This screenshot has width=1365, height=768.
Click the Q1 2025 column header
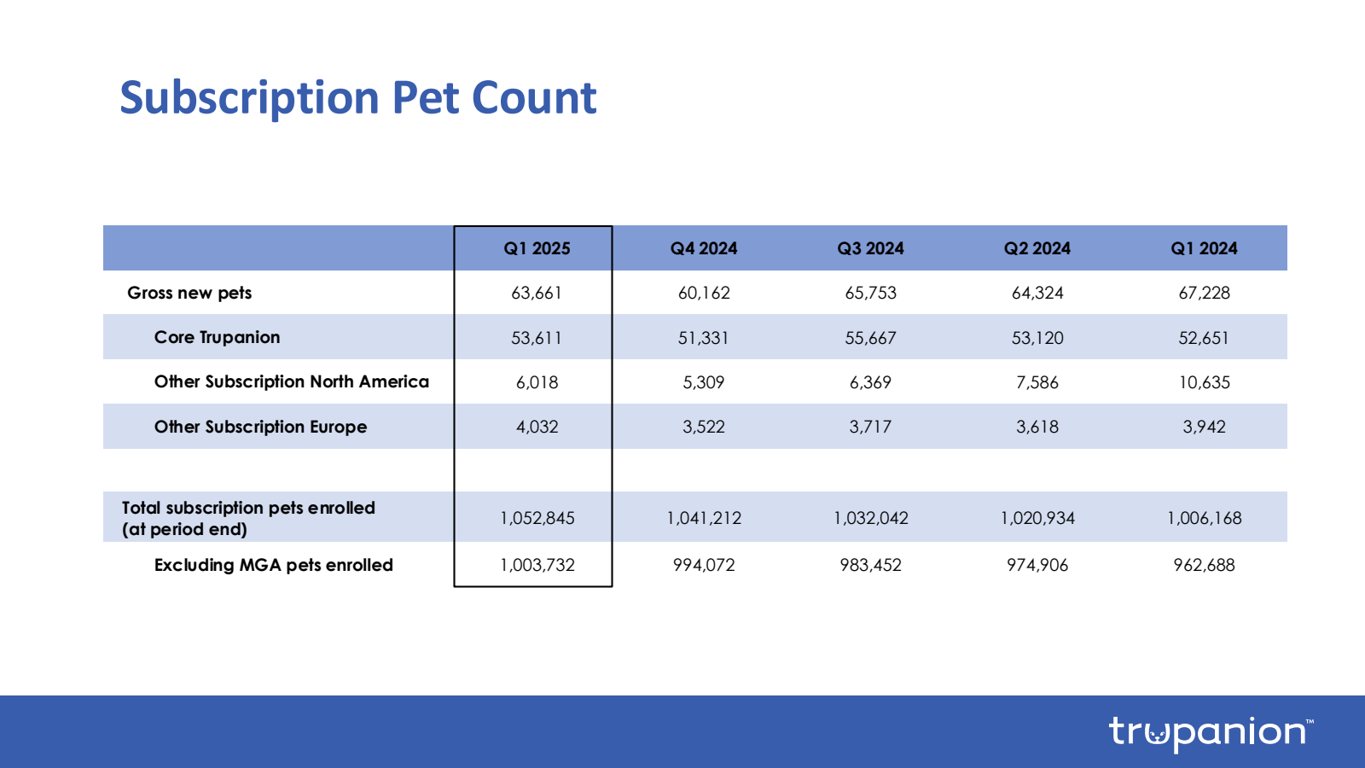[537, 248]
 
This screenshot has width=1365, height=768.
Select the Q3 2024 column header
[870, 248]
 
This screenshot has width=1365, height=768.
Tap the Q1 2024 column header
[1204, 248]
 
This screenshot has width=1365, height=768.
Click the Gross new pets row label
[189, 293]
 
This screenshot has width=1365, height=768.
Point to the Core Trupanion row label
[217, 337]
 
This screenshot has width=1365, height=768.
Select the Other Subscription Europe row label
[260, 427]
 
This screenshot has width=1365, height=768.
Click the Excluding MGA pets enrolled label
[273, 565]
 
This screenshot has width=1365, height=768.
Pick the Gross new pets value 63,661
[537, 293]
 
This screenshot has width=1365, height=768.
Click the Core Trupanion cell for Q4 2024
[704, 338]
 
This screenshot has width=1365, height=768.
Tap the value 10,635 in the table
[1205, 382]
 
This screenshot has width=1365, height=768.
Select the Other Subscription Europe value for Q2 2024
[1037, 427]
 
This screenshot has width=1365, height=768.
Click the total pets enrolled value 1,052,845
[537, 518]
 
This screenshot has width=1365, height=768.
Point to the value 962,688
[1204, 565]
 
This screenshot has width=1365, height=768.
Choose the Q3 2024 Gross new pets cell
[871, 293]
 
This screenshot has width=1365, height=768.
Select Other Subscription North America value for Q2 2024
[1037, 382]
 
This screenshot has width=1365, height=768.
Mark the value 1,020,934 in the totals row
[1037, 518]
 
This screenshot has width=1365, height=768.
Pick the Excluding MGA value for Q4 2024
[704, 565]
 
